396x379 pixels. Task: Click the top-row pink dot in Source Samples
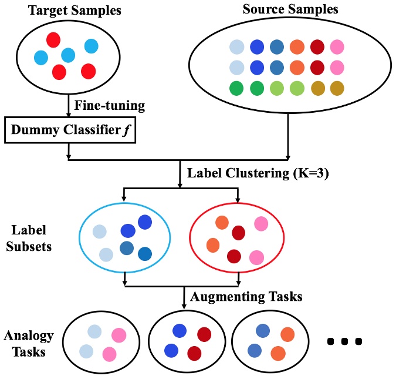point(337,47)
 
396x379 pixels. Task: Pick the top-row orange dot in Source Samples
point(297,47)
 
